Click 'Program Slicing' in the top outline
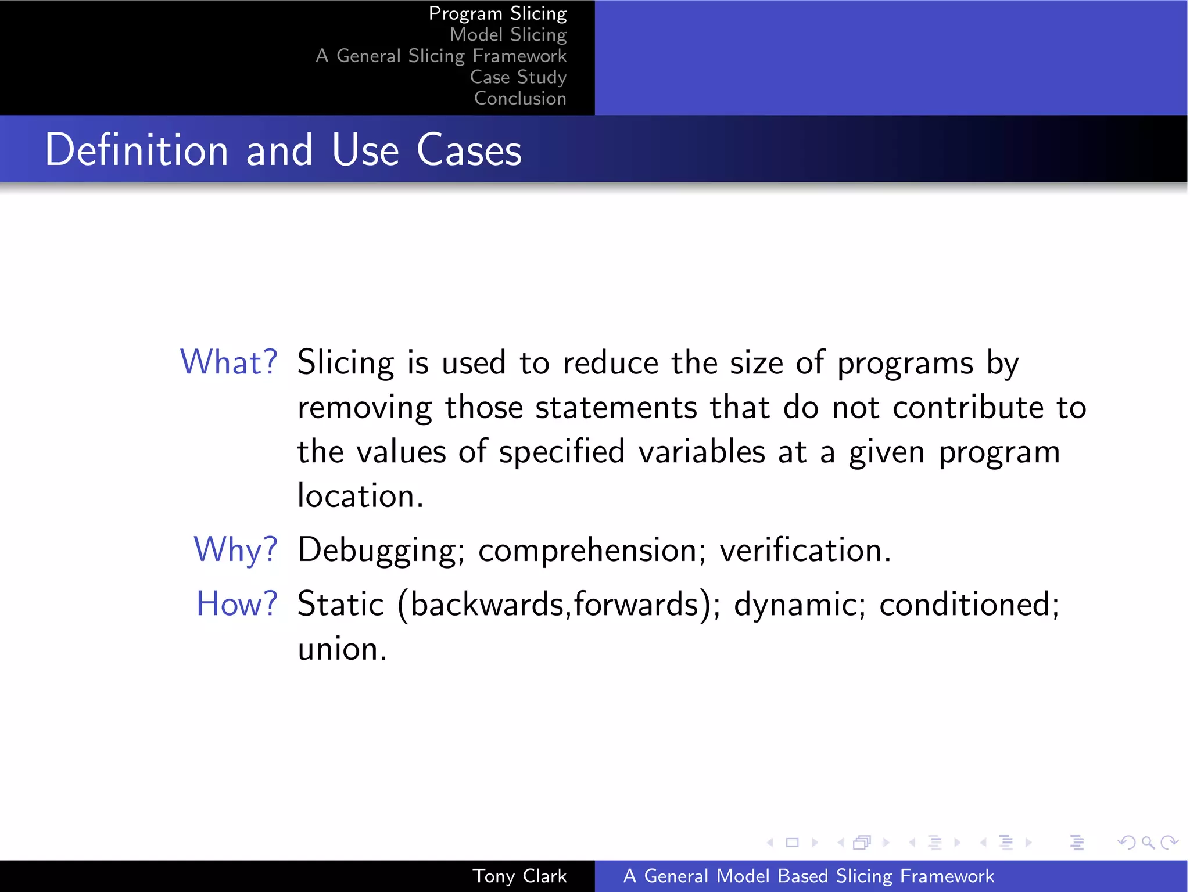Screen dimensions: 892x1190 click(x=497, y=13)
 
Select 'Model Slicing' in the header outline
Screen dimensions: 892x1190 click(x=508, y=35)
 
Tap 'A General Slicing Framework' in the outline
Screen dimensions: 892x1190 click(x=440, y=56)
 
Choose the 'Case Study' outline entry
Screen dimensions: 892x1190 click(x=518, y=77)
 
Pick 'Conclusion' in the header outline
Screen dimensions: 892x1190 click(x=520, y=98)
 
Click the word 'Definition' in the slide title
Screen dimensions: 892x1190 click(x=137, y=150)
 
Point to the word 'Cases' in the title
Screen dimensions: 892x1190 click(x=469, y=150)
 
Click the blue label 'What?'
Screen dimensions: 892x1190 click(x=229, y=362)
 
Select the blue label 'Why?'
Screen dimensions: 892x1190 click(x=235, y=549)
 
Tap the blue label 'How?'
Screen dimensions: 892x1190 click(x=236, y=604)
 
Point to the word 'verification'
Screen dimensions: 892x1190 click(x=805, y=549)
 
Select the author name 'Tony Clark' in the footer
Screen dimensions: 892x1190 click(x=519, y=876)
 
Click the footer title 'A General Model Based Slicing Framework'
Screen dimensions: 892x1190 click(x=808, y=876)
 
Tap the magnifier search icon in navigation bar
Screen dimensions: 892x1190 click(x=1148, y=842)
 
